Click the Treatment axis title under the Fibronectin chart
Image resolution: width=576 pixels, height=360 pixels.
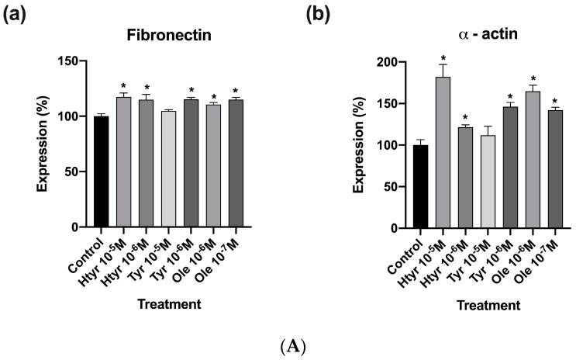coord(168,305)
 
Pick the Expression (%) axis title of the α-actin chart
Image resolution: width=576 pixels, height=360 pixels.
coord(360,145)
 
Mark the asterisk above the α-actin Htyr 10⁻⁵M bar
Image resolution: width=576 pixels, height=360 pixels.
coord(443,58)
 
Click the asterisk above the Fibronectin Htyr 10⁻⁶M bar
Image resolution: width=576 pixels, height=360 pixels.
coord(146,88)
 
